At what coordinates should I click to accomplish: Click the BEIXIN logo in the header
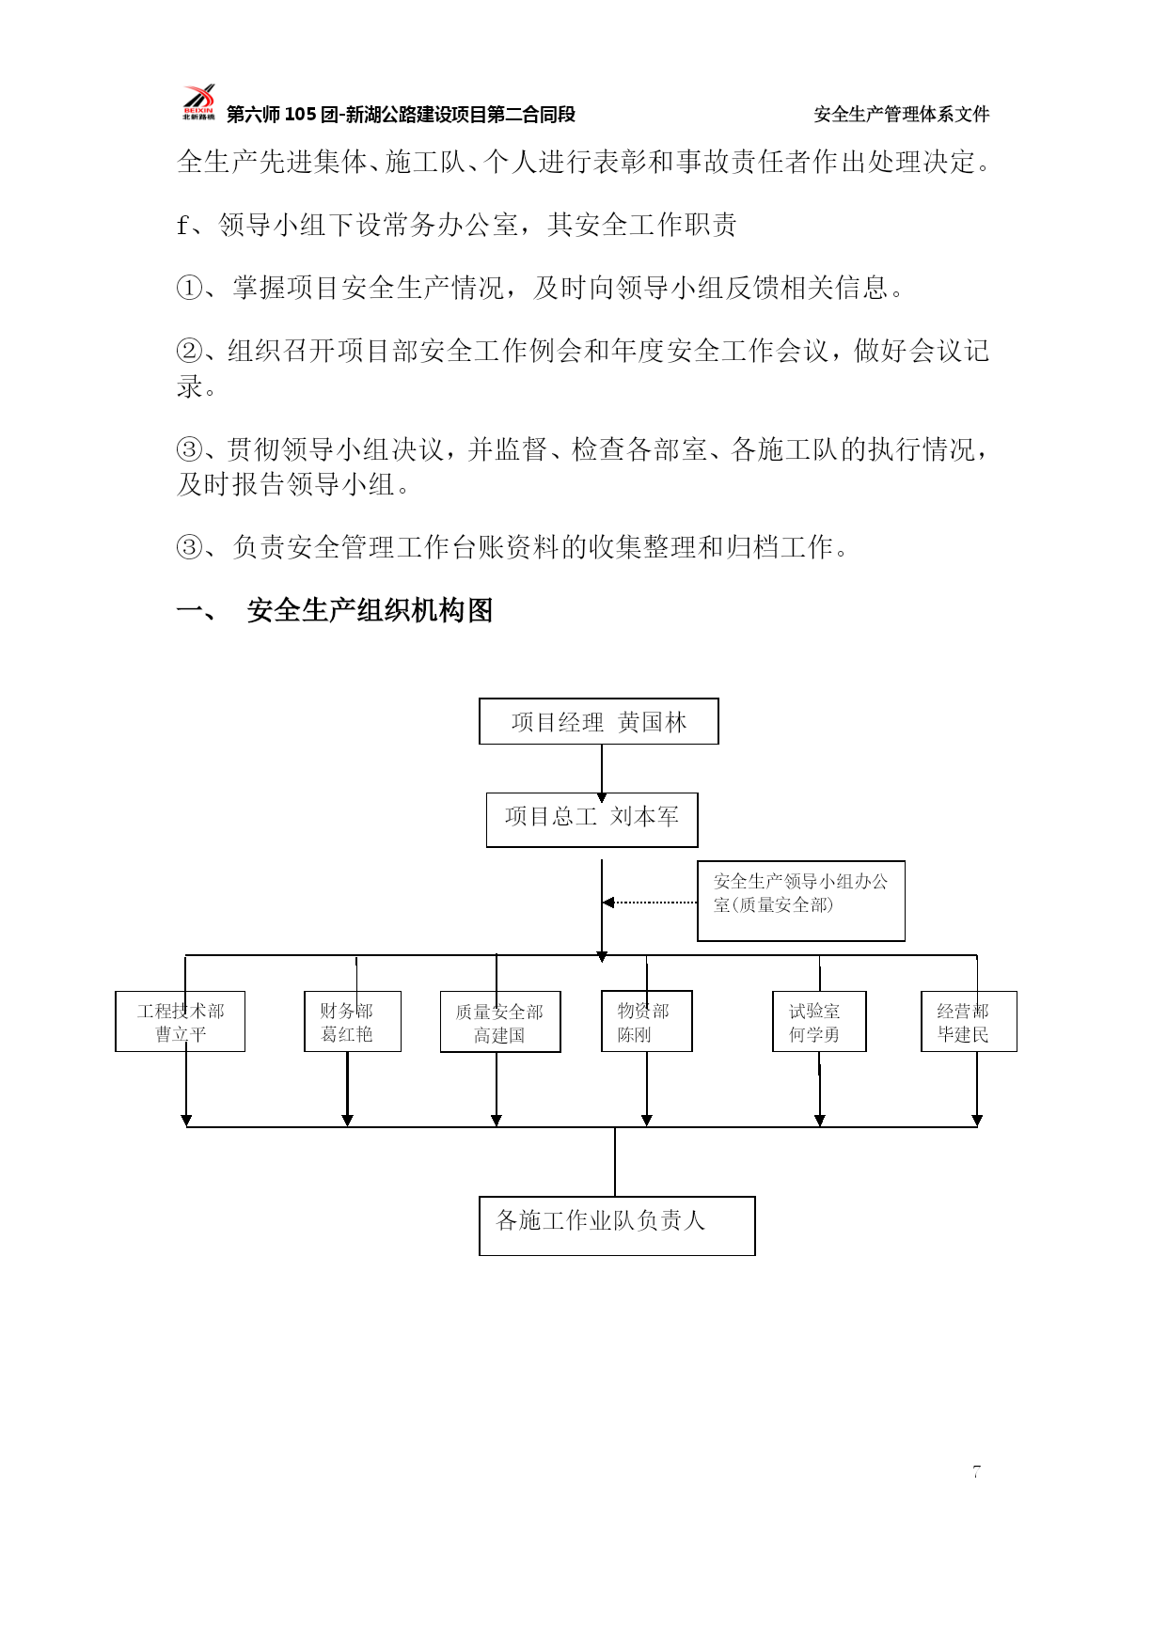click(x=198, y=102)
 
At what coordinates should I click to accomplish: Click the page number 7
click(x=977, y=1472)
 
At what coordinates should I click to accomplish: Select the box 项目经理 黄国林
click(x=599, y=721)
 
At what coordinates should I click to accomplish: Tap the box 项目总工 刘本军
click(x=592, y=820)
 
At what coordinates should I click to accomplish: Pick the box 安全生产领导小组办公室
click(x=801, y=901)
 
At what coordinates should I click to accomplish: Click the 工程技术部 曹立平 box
click(x=181, y=1021)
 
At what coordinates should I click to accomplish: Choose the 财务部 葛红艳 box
click(x=353, y=1021)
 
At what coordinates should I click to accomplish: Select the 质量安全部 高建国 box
click(x=500, y=1022)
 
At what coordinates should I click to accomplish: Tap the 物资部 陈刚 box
click(x=647, y=1021)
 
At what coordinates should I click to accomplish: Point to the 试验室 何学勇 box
click(x=819, y=1021)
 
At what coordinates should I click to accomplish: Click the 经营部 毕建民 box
click(x=969, y=1021)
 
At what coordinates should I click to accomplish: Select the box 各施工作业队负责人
click(x=617, y=1226)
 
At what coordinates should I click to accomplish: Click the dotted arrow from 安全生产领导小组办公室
click(x=650, y=903)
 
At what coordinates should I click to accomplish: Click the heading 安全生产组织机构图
click(x=370, y=611)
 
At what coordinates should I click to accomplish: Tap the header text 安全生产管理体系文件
click(x=902, y=114)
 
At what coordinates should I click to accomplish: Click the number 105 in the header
click(x=300, y=115)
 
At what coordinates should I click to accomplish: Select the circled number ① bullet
click(x=189, y=288)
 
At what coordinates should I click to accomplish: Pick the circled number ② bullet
click(x=189, y=351)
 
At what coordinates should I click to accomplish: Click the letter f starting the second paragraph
click(x=182, y=226)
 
